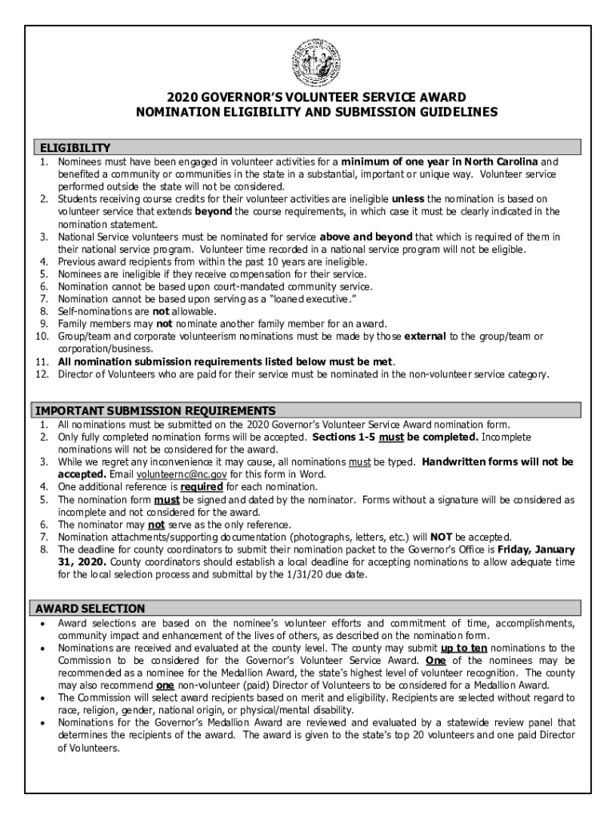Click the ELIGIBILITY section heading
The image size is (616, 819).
[73, 148]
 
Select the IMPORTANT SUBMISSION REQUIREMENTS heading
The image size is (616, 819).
[155, 410]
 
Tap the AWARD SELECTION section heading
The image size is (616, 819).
[89, 609]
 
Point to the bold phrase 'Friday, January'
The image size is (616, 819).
[534, 550]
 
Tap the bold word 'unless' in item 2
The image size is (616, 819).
[408, 198]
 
